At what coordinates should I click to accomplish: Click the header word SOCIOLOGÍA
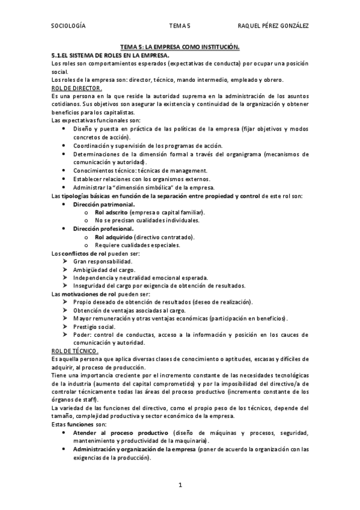click(69, 26)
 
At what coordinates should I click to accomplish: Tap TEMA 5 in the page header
click(180, 26)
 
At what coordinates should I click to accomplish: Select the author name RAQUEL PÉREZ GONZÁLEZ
click(273, 26)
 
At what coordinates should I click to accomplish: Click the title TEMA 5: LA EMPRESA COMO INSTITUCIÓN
click(180, 46)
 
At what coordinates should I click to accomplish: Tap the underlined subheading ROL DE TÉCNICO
click(76, 351)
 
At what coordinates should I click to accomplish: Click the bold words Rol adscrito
click(111, 212)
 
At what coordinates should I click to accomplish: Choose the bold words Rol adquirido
click(112, 237)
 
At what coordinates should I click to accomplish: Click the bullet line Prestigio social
click(94, 327)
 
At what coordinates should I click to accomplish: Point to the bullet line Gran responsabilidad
click(103, 262)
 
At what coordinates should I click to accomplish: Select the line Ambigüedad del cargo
click(102, 269)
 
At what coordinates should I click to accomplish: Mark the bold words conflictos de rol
click(84, 253)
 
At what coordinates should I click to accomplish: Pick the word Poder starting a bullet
click(82, 334)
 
